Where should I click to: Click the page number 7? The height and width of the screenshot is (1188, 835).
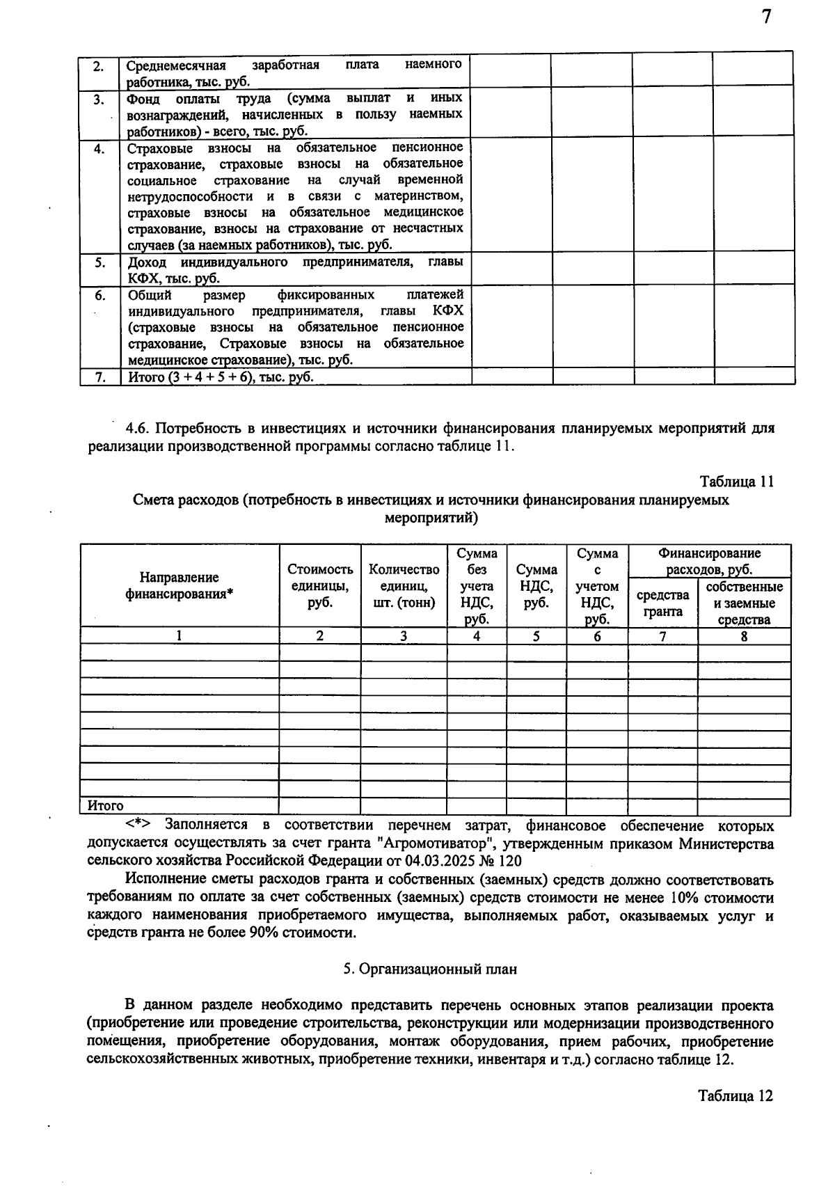point(766,17)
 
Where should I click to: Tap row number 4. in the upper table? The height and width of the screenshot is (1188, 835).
point(100,148)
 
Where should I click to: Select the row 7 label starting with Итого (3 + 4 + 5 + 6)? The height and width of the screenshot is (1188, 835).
point(221,377)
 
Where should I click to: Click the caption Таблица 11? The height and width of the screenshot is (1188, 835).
point(736,482)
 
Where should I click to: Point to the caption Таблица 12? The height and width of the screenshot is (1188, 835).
point(735,1095)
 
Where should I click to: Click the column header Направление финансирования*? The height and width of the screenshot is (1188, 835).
point(180,585)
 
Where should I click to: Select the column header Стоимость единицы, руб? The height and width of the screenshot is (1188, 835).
point(320,585)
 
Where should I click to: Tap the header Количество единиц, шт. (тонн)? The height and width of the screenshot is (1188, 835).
point(404,585)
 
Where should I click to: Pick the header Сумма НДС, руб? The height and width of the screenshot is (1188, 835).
point(536,585)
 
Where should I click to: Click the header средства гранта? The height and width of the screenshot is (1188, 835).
point(662,603)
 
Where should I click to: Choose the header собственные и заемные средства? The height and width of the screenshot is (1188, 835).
point(744,603)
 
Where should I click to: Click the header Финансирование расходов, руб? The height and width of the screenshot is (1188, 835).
point(709,562)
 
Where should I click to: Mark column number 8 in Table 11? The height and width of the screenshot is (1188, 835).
point(744,635)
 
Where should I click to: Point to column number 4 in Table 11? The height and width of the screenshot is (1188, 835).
point(477,635)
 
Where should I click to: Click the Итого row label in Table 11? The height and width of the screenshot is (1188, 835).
point(105,806)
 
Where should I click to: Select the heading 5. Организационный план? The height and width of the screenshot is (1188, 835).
point(431,969)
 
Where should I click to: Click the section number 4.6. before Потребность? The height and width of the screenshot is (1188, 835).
point(138,428)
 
